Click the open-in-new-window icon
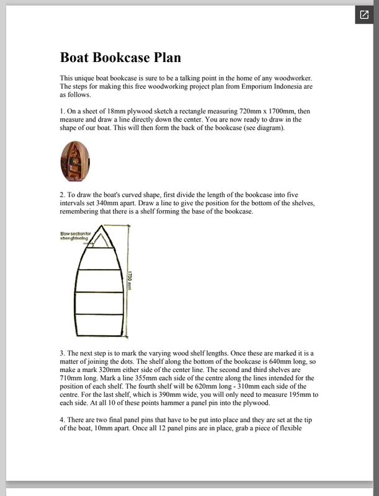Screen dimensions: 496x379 363,14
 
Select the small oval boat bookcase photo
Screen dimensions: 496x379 76,161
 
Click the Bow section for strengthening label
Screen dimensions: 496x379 76,236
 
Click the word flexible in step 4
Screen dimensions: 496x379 287,429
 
